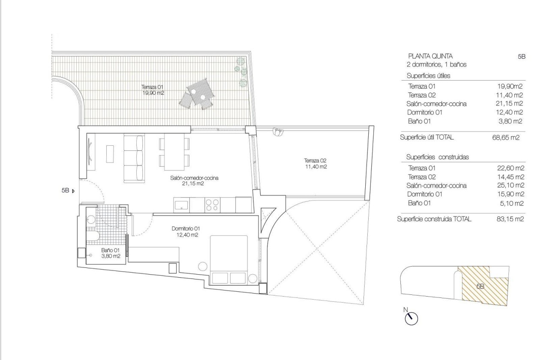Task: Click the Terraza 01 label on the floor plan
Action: click(x=153, y=90)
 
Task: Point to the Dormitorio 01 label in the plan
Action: click(x=185, y=231)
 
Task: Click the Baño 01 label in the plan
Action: click(x=110, y=253)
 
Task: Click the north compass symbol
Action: click(x=411, y=318)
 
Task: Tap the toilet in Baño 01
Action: click(x=92, y=237)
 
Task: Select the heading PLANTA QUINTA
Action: click(x=430, y=56)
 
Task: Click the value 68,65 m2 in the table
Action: click(x=506, y=138)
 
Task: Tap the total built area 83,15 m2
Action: click(x=508, y=219)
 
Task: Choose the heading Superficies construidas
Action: click(x=437, y=157)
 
